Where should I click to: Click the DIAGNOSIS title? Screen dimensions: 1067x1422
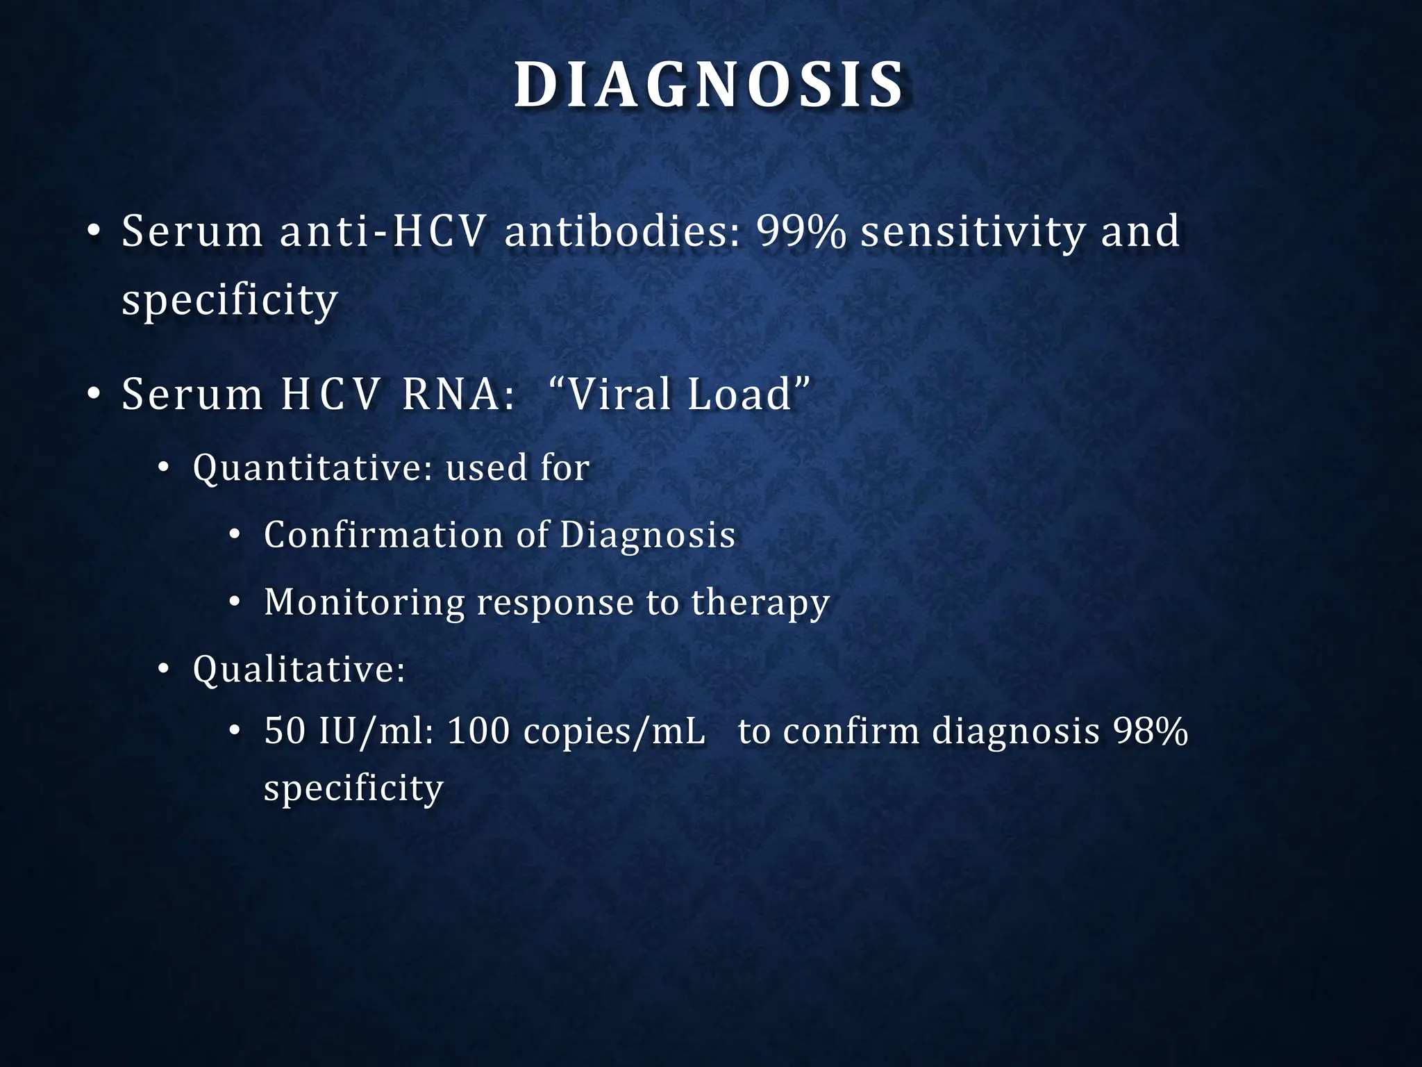[710, 86]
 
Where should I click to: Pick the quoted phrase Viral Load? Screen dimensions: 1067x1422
[679, 394]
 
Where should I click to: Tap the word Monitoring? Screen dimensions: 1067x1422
[364, 602]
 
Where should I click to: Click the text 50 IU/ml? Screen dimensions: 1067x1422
[349, 731]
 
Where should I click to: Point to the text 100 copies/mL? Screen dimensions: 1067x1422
[576, 731]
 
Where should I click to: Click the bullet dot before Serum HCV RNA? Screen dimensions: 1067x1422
[94, 395]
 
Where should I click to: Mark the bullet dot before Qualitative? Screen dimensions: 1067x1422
[163, 670]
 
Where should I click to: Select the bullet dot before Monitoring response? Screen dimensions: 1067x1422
[235, 602]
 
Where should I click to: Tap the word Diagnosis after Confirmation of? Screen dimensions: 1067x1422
[647, 535]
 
